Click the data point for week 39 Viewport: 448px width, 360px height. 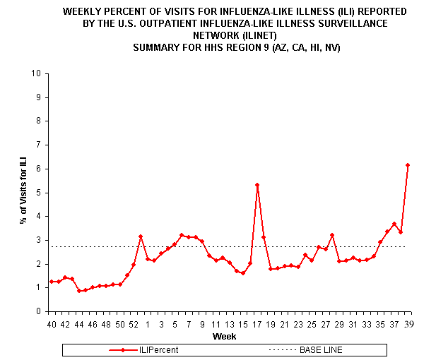408,165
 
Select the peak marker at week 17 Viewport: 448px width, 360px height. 257,185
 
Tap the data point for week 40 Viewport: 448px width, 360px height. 52,282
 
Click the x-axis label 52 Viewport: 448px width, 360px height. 134,325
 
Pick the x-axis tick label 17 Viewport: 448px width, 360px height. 257,325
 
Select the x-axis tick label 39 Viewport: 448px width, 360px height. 408,325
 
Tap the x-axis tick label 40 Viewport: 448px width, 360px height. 52,325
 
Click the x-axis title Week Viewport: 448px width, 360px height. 225,336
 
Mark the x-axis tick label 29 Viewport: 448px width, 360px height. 339,325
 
